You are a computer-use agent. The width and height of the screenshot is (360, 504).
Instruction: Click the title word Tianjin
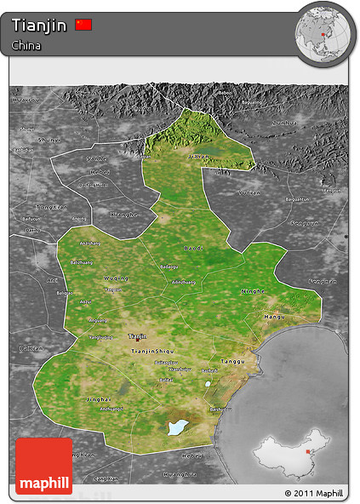[x=40, y=26]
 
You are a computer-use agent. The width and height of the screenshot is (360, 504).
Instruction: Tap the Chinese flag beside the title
[x=83, y=25]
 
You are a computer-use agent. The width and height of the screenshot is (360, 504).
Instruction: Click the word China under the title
[x=26, y=45]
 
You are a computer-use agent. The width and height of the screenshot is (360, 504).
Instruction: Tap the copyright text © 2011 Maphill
[x=313, y=493]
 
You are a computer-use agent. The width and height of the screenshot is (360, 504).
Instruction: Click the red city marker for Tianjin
[x=136, y=341]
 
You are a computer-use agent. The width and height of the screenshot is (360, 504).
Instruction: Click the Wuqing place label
[x=115, y=278]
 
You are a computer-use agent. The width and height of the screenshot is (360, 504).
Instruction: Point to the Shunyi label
[x=49, y=139]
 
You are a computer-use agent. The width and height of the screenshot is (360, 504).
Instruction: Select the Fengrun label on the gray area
[x=322, y=281]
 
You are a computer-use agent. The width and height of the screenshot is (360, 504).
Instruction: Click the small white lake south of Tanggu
[x=208, y=384]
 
